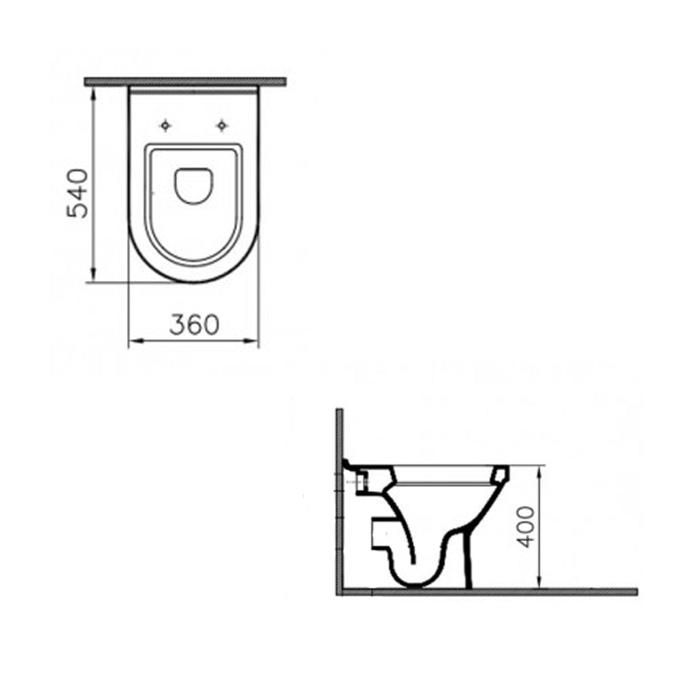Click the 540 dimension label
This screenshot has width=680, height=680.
(x=77, y=192)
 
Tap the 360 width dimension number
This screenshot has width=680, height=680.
(x=194, y=325)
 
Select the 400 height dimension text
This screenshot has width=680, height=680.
(x=524, y=526)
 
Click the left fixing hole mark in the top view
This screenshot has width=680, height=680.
(x=165, y=125)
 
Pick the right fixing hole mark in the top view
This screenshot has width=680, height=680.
(x=221, y=125)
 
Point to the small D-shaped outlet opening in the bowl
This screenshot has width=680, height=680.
(x=194, y=184)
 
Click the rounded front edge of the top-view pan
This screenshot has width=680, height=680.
(x=194, y=279)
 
